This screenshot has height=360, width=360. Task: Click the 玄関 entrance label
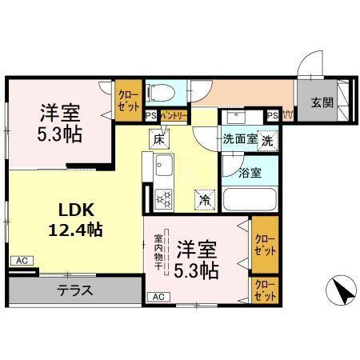[322, 103]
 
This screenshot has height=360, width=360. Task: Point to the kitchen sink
[165, 169]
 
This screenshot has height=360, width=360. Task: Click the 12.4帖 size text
[77, 230]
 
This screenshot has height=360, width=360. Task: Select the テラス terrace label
[76, 290]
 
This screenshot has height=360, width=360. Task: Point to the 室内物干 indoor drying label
[158, 254]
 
